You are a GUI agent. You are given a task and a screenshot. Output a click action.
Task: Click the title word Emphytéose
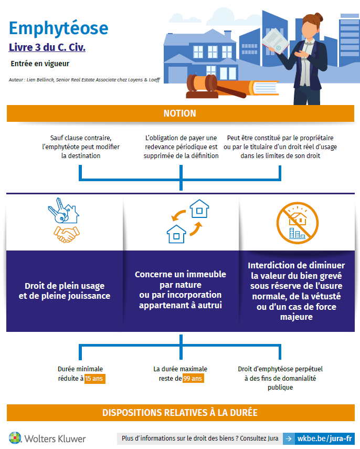click(x=59, y=27)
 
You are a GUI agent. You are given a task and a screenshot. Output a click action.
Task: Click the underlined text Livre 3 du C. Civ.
click(x=47, y=47)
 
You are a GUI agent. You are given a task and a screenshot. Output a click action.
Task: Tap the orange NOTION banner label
click(x=180, y=113)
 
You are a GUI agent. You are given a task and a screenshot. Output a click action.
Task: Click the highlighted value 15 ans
click(x=94, y=378)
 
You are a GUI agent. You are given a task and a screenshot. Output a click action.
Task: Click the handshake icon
click(x=66, y=233)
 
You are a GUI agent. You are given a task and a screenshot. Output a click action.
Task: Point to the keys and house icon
click(x=63, y=210)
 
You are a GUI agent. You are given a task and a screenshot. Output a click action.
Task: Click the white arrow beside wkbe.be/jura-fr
click(x=288, y=438)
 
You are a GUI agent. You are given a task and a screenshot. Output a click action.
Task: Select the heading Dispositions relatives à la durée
click(x=180, y=412)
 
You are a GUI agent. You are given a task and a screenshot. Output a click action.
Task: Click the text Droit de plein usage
click(x=65, y=286)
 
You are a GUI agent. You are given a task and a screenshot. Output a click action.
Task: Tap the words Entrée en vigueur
click(x=40, y=64)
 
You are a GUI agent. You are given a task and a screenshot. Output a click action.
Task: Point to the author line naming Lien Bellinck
click(x=84, y=80)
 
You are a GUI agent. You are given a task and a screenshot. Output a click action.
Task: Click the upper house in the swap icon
click(x=199, y=208)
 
